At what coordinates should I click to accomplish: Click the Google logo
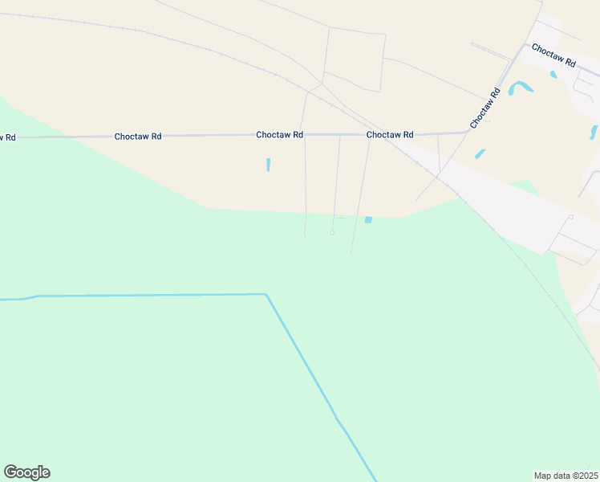27,472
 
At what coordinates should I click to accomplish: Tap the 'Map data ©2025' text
566,476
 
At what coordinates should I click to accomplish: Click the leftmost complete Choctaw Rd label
138,137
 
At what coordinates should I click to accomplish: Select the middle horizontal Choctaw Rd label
279,135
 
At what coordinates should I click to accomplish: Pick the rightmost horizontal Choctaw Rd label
390,135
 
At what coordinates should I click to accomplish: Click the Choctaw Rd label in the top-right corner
553,55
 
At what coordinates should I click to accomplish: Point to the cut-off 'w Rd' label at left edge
7,137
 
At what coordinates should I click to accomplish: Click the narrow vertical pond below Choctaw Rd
268,165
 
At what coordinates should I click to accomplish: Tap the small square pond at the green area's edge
368,219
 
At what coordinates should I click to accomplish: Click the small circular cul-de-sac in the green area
332,233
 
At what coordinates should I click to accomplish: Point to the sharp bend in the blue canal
266,295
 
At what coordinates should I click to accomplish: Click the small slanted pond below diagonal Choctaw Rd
480,153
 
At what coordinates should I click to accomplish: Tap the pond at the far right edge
594,132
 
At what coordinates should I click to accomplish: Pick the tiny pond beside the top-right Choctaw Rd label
553,75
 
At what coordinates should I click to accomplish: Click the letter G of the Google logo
10,472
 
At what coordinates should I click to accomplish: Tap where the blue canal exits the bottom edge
375,480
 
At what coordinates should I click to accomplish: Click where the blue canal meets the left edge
2,300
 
